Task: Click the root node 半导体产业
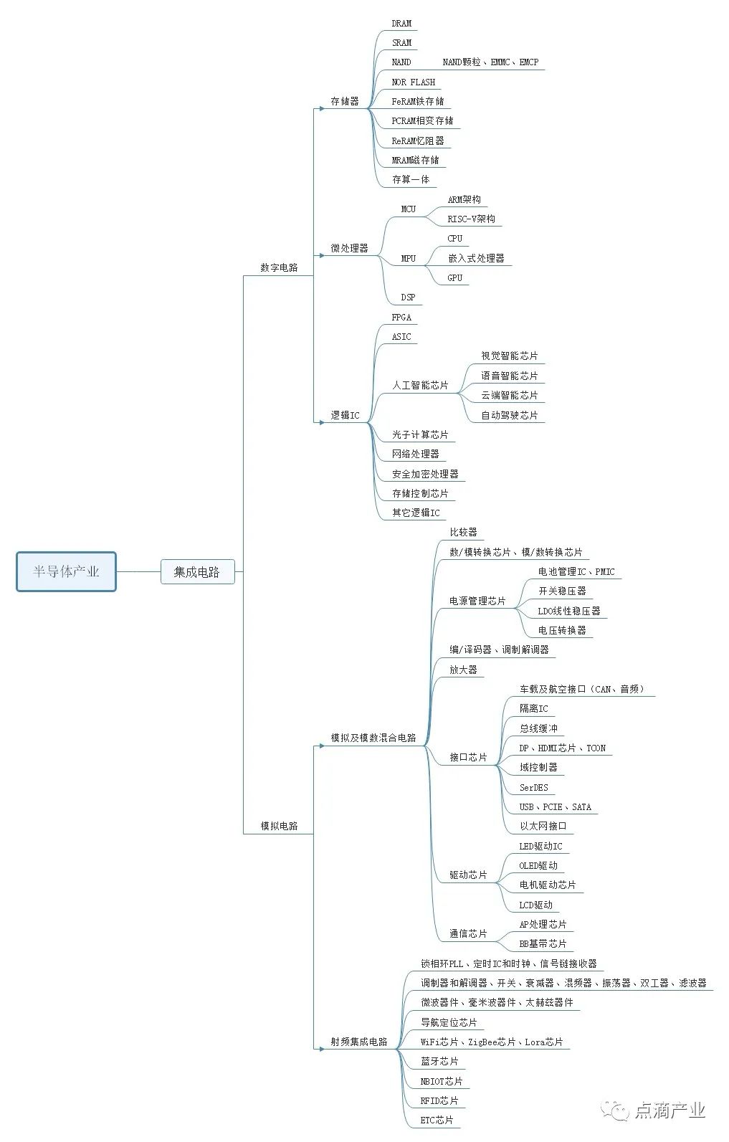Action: (x=66, y=571)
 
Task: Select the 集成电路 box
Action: (x=197, y=571)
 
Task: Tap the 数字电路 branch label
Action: (x=279, y=267)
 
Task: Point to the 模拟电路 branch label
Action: (x=279, y=826)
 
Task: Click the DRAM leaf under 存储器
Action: (x=401, y=24)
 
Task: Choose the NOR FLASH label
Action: (x=414, y=82)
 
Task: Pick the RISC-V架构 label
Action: (x=471, y=219)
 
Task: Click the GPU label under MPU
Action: (x=455, y=277)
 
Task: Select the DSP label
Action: (x=408, y=297)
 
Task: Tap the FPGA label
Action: (x=401, y=317)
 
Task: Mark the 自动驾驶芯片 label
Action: (x=509, y=415)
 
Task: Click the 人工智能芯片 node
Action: (x=420, y=385)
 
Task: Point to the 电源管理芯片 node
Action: (x=477, y=601)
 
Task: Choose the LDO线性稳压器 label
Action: (x=569, y=611)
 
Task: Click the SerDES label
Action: (x=533, y=787)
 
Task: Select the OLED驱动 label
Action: (x=538, y=865)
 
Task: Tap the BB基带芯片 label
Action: (x=543, y=943)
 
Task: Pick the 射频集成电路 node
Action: (x=358, y=1042)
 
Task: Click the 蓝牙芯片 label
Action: (x=439, y=1061)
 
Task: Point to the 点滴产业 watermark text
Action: (x=670, y=1110)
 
